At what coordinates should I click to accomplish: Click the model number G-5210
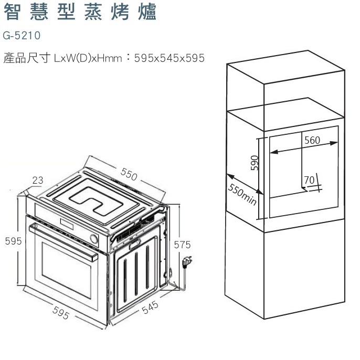pyautogui.click(x=22, y=36)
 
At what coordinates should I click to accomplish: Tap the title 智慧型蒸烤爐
pyautogui.click(x=80, y=12)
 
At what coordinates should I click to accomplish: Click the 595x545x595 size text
pyautogui.click(x=169, y=58)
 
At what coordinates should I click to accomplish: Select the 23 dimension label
pyautogui.click(x=38, y=180)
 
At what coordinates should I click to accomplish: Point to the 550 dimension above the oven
pyautogui.click(x=129, y=174)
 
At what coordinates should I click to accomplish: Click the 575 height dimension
pyautogui.click(x=182, y=245)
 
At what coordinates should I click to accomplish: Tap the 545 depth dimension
pyautogui.click(x=151, y=307)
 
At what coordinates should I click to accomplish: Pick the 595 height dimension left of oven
pyautogui.click(x=13, y=241)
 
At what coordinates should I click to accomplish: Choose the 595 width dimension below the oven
pyautogui.click(x=61, y=313)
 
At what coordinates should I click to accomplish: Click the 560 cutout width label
pyautogui.click(x=312, y=140)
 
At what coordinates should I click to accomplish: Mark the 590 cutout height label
pyautogui.click(x=255, y=163)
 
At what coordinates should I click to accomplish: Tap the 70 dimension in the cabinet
pyautogui.click(x=309, y=180)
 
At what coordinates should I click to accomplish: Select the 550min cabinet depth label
pyautogui.click(x=242, y=194)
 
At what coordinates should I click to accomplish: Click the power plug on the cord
pyautogui.click(x=187, y=261)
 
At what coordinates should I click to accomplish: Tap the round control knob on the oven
pyautogui.click(x=94, y=239)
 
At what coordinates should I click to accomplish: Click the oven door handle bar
pyautogui.click(x=63, y=242)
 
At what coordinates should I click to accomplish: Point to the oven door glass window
pyautogui.click(x=67, y=270)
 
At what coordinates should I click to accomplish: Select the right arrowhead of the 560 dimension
pyautogui.click(x=334, y=143)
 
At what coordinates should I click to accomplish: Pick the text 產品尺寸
pyautogui.click(x=27, y=58)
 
